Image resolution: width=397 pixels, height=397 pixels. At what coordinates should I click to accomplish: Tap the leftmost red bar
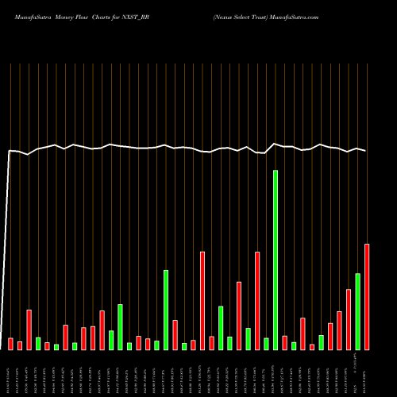(x=10, y=343)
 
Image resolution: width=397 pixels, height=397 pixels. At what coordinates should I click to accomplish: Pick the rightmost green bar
(x=357, y=311)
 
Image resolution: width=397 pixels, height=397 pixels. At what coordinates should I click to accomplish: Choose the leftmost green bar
(x=38, y=343)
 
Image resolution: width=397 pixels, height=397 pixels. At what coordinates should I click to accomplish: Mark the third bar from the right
(x=349, y=319)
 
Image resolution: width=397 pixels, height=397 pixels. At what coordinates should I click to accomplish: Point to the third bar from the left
(x=29, y=330)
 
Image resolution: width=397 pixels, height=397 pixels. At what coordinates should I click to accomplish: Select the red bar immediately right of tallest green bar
(x=284, y=342)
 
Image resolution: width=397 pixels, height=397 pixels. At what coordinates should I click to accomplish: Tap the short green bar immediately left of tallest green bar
(x=266, y=343)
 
